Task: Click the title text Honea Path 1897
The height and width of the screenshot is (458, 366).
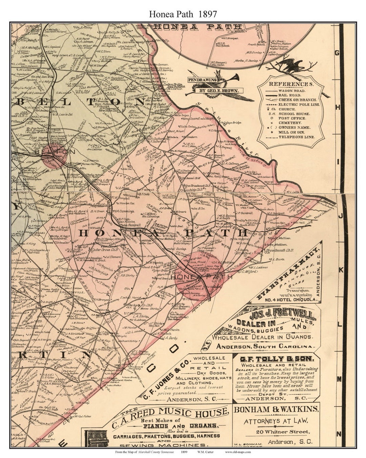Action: point(183,13)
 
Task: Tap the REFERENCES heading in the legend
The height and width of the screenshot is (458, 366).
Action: point(291,84)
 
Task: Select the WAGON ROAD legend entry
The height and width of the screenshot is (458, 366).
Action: point(292,91)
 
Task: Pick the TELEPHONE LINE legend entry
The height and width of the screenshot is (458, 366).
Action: point(297,137)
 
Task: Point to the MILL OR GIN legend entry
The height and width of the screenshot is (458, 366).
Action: point(292,132)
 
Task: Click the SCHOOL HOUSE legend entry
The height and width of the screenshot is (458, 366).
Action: point(292,114)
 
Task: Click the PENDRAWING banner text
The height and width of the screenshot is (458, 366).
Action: point(203,80)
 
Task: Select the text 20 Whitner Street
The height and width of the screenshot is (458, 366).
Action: point(276,432)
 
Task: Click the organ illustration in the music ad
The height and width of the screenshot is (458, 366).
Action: point(96,439)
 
